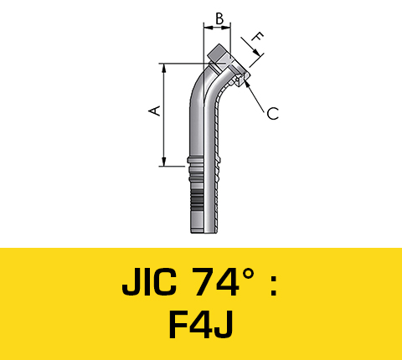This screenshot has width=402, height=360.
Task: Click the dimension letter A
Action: pos(153,111)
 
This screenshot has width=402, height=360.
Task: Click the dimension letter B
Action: pos(218,17)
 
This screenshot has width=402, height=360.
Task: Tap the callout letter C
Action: pos(273,114)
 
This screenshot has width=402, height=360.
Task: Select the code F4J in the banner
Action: pos(201,325)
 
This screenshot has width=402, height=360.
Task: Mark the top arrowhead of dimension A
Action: pos(165,68)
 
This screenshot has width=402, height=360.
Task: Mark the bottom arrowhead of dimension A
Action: pos(165,162)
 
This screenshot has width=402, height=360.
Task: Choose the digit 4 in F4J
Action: pos(202,325)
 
